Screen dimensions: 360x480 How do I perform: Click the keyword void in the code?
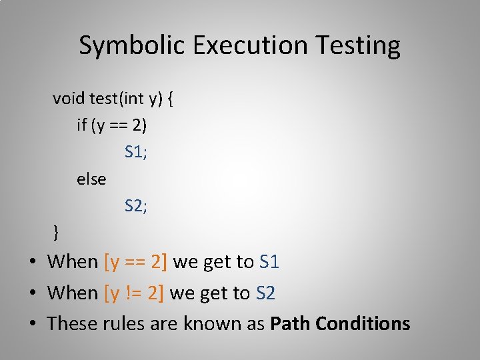[x=69, y=99]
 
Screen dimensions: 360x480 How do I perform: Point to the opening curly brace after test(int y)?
[x=171, y=99]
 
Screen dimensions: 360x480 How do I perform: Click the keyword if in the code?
[x=82, y=125]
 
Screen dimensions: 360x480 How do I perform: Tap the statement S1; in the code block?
[x=136, y=152]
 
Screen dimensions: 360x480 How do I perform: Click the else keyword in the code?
[x=91, y=179]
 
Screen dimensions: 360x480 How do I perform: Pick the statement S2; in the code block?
[x=136, y=206]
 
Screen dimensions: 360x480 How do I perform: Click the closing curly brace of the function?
[x=57, y=233]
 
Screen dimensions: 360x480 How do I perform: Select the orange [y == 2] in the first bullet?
[x=136, y=262]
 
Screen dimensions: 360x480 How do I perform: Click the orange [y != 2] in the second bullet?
[x=135, y=293]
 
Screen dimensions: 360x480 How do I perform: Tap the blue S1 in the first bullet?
[x=269, y=262]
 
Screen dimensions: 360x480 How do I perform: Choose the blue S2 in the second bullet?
[x=266, y=293]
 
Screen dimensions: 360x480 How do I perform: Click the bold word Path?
[x=290, y=323]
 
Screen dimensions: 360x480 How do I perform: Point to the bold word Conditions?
[x=363, y=323]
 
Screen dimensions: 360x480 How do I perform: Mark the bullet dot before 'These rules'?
[x=33, y=324]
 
